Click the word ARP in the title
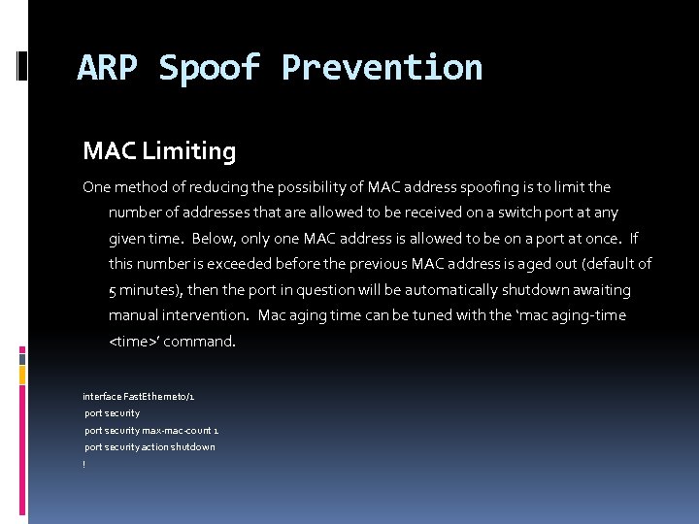tap(109, 68)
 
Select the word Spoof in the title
tap(210, 68)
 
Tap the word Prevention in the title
tap(382, 68)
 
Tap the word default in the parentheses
tap(615, 264)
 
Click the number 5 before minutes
tap(113, 290)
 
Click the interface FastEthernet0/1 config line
tap(139, 397)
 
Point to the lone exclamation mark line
tap(84, 464)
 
